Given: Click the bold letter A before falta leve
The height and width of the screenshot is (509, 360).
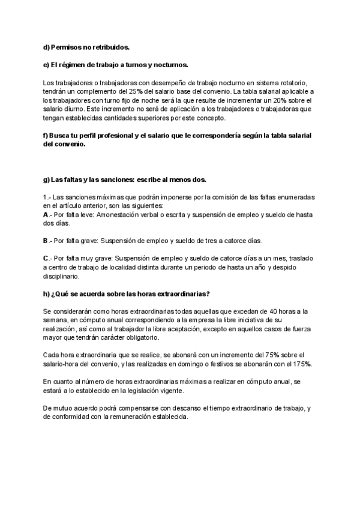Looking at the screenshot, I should pos(46,214).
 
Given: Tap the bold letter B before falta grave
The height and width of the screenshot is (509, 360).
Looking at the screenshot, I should pos(46,241).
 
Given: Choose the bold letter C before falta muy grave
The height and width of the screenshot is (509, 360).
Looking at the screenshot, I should pos(46,258).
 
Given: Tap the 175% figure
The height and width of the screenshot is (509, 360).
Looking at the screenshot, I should pos(302,365).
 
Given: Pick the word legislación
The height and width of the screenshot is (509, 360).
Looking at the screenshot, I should pos(174,391).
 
